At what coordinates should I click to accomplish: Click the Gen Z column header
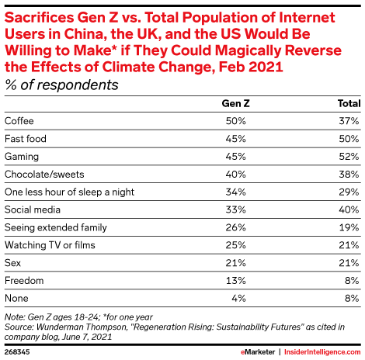point(235,103)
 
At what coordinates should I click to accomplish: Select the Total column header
point(349,103)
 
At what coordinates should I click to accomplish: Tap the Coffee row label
point(19,121)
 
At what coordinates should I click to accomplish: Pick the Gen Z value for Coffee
point(235,121)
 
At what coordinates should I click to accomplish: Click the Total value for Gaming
point(349,157)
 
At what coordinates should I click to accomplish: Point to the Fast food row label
point(26,139)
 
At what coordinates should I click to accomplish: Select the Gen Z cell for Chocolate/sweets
point(235,175)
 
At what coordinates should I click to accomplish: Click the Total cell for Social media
point(349,209)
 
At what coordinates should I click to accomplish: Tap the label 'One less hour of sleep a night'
point(69,192)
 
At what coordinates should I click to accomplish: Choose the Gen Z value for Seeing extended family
point(235,227)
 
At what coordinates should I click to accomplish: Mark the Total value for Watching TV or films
point(349,245)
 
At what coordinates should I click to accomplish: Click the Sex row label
point(12,263)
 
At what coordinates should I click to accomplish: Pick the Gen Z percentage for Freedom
point(235,281)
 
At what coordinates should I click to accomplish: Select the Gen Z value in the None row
point(238,299)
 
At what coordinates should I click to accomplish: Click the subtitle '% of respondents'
point(61,85)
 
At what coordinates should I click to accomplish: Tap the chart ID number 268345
point(17,352)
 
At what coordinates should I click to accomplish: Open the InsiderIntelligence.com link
point(322,352)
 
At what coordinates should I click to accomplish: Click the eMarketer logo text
point(258,352)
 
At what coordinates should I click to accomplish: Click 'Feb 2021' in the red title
point(251,67)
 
